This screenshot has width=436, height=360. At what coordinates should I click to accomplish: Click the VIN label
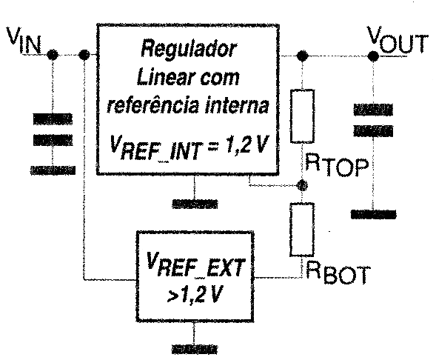[24, 41]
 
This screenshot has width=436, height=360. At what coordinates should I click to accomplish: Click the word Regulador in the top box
[189, 49]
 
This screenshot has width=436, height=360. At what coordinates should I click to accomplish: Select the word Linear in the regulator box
[161, 77]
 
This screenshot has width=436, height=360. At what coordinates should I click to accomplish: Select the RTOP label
[337, 167]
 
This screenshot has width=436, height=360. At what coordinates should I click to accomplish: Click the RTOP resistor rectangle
[302, 116]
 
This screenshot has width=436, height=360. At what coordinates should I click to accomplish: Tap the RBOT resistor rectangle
[302, 229]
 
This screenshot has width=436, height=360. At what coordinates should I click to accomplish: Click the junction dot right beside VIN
[52, 55]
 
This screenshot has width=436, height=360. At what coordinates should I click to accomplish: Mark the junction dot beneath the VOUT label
[373, 56]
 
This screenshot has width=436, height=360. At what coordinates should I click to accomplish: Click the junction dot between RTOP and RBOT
[302, 185]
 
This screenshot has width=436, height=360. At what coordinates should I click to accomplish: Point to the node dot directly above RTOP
[302, 56]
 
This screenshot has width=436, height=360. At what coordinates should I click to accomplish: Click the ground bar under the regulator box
[195, 204]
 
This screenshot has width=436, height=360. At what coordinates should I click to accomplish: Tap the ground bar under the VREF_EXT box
[195, 349]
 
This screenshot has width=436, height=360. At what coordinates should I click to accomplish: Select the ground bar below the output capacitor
[373, 214]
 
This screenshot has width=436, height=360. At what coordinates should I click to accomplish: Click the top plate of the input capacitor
[53, 119]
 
